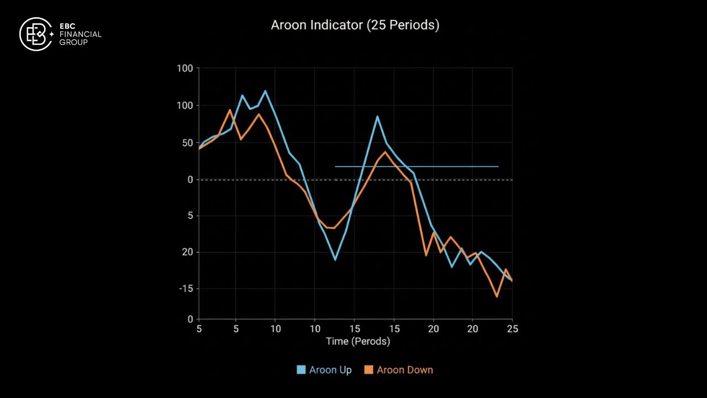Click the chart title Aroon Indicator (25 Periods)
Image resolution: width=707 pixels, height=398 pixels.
[x=355, y=25]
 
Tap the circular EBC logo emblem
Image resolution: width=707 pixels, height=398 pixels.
[x=35, y=34]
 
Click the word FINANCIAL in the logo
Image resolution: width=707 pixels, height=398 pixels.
[x=80, y=34]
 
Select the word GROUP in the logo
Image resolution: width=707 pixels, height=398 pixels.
[x=73, y=42]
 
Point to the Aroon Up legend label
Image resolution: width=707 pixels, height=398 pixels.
[x=330, y=370]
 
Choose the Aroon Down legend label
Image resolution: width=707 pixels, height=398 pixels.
[x=404, y=370]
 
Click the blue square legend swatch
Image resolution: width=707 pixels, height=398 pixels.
[x=301, y=370]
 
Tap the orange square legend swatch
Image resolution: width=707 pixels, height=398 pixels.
[x=368, y=370]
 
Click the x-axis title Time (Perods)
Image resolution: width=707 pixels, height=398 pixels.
[x=358, y=341]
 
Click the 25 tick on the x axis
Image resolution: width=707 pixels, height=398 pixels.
[x=512, y=328]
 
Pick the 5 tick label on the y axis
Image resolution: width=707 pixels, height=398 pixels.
[x=189, y=216]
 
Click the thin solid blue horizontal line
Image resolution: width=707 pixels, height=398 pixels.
[x=416, y=166]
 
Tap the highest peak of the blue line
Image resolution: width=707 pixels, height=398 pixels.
[x=265, y=91]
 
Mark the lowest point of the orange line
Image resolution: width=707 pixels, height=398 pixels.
[x=497, y=297]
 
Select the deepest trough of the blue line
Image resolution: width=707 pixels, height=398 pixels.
[x=335, y=260]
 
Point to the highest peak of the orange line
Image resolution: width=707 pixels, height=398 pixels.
[x=230, y=109]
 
